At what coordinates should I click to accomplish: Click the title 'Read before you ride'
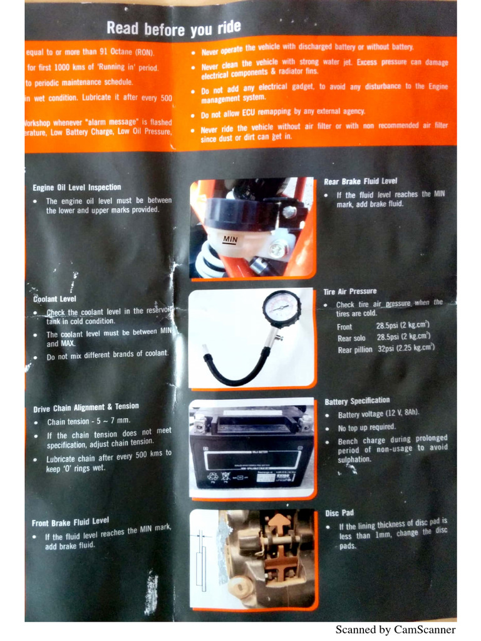173,28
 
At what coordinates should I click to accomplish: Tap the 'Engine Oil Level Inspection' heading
77,187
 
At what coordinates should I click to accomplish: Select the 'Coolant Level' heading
54,299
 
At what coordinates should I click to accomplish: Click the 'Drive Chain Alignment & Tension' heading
86,408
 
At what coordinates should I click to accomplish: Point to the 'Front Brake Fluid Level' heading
70,521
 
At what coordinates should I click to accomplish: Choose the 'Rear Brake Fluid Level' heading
360,182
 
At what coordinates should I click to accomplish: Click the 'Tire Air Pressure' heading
349,291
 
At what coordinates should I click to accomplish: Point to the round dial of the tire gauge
281,309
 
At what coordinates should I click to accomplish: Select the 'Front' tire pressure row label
344,327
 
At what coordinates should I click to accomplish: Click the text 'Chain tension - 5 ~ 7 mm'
88,421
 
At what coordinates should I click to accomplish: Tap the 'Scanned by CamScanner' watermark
395,630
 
